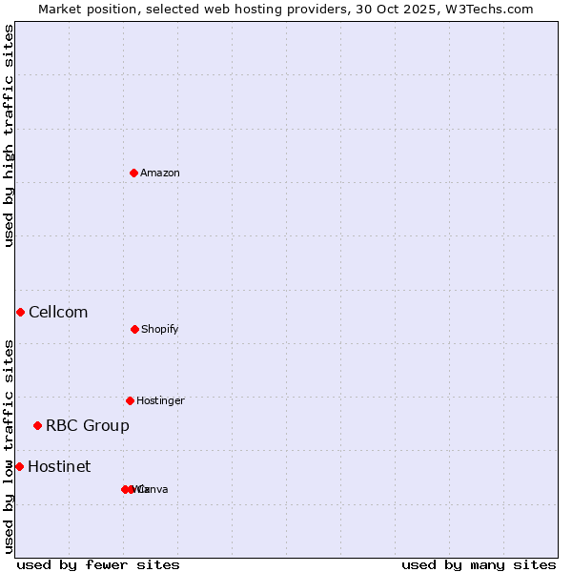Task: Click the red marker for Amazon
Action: point(134,173)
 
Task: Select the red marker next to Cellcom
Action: point(20,312)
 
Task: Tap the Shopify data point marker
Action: point(134,329)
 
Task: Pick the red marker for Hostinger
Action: point(130,400)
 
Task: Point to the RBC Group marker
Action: point(37,425)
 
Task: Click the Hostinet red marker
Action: point(19,466)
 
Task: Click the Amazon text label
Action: point(160,173)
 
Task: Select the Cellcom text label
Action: point(58,312)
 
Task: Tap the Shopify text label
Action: point(160,329)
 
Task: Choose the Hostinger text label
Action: point(160,400)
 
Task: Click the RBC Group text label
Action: point(88,425)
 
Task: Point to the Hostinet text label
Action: point(59,466)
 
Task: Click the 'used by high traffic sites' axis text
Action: point(9,135)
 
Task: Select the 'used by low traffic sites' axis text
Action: point(9,446)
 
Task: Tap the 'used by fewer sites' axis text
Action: point(98,564)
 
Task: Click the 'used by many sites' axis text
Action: point(479,564)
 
